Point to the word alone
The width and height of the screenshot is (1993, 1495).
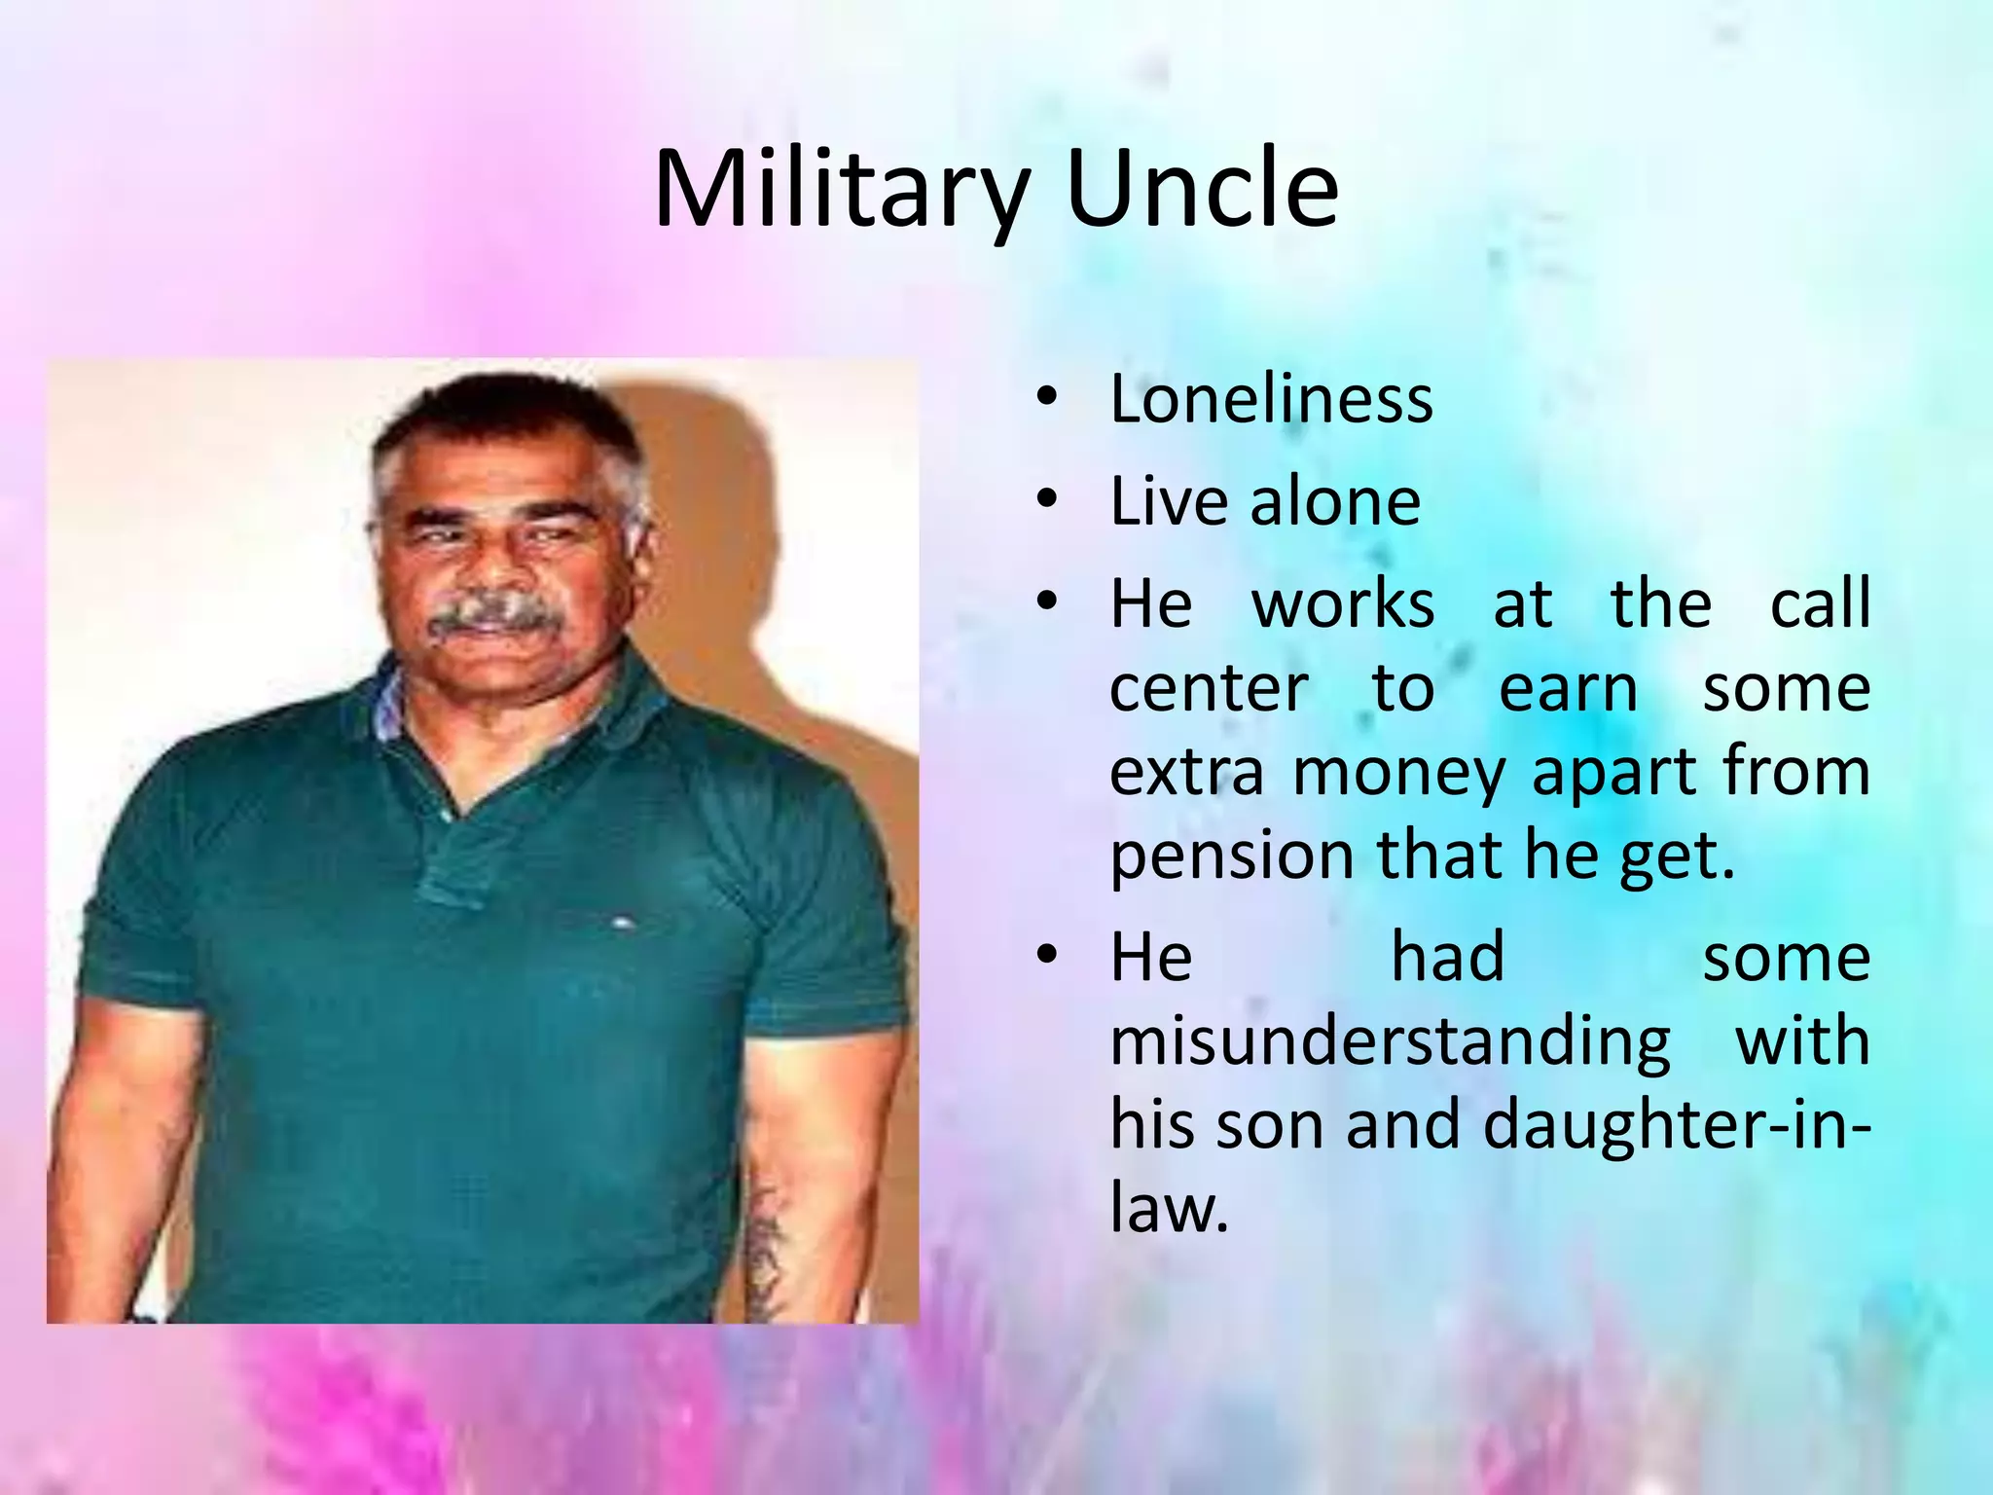point(1334,502)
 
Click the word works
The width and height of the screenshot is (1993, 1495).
point(1342,604)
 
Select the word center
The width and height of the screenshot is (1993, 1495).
point(1209,689)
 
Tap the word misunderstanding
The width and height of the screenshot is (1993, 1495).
point(1390,1041)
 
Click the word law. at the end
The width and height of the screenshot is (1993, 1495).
point(1169,1209)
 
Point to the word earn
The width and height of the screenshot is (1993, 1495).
point(1568,689)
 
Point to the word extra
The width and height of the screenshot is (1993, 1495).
point(1186,774)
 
